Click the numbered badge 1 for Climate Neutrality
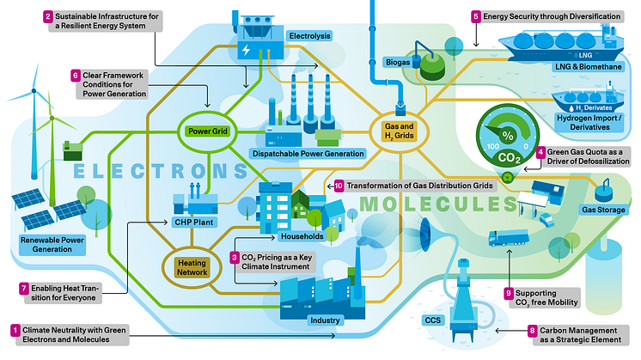tap(15, 329)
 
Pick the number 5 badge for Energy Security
tap(475, 15)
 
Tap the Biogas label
tap(395, 62)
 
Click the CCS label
tap(433, 320)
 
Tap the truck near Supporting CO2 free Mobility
tap(505, 236)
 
